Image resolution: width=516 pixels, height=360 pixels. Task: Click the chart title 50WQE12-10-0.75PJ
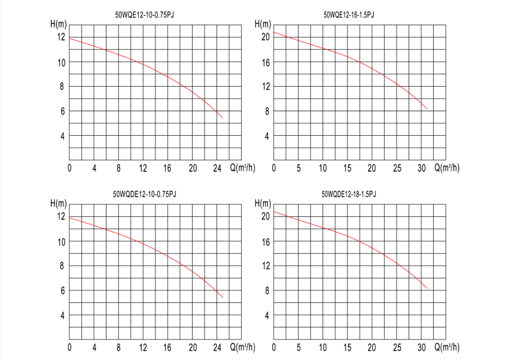[x=145, y=15]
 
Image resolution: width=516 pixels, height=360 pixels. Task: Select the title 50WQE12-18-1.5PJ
[x=349, y=15]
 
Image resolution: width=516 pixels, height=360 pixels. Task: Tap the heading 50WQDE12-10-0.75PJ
[x=144, y=194]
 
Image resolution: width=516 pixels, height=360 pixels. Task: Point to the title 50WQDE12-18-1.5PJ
[x=349, y=194]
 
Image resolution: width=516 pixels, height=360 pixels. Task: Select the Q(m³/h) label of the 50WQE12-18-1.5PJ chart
[x=447, y=168]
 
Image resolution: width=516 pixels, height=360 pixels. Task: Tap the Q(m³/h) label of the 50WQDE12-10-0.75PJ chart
[x=243, y=348]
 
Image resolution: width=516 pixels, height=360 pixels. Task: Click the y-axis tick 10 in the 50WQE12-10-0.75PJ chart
[x=61, y=62]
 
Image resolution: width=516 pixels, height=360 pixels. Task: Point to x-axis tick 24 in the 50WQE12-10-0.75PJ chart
[x=217, y=168]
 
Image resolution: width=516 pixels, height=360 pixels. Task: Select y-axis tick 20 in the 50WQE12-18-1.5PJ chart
[x=266, y=37]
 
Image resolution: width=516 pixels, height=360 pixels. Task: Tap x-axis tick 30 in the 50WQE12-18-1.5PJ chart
[x=421, y=168]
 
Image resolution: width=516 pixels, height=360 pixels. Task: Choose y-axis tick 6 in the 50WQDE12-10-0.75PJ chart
[x=63, y=291]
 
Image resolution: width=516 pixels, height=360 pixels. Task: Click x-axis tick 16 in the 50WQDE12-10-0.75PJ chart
[x=167, y=348]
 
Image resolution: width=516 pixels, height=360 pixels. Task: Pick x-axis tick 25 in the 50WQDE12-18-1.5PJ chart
[x=397, y=348]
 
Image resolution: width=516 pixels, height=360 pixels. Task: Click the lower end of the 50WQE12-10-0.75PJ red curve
[x=223, y=118]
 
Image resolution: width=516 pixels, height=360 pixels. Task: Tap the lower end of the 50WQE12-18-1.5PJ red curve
[x=427, y=109]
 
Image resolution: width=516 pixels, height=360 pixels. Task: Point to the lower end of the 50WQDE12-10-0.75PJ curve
[x=223, y=297]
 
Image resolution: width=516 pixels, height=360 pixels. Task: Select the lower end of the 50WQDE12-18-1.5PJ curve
[x=427, y=288]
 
